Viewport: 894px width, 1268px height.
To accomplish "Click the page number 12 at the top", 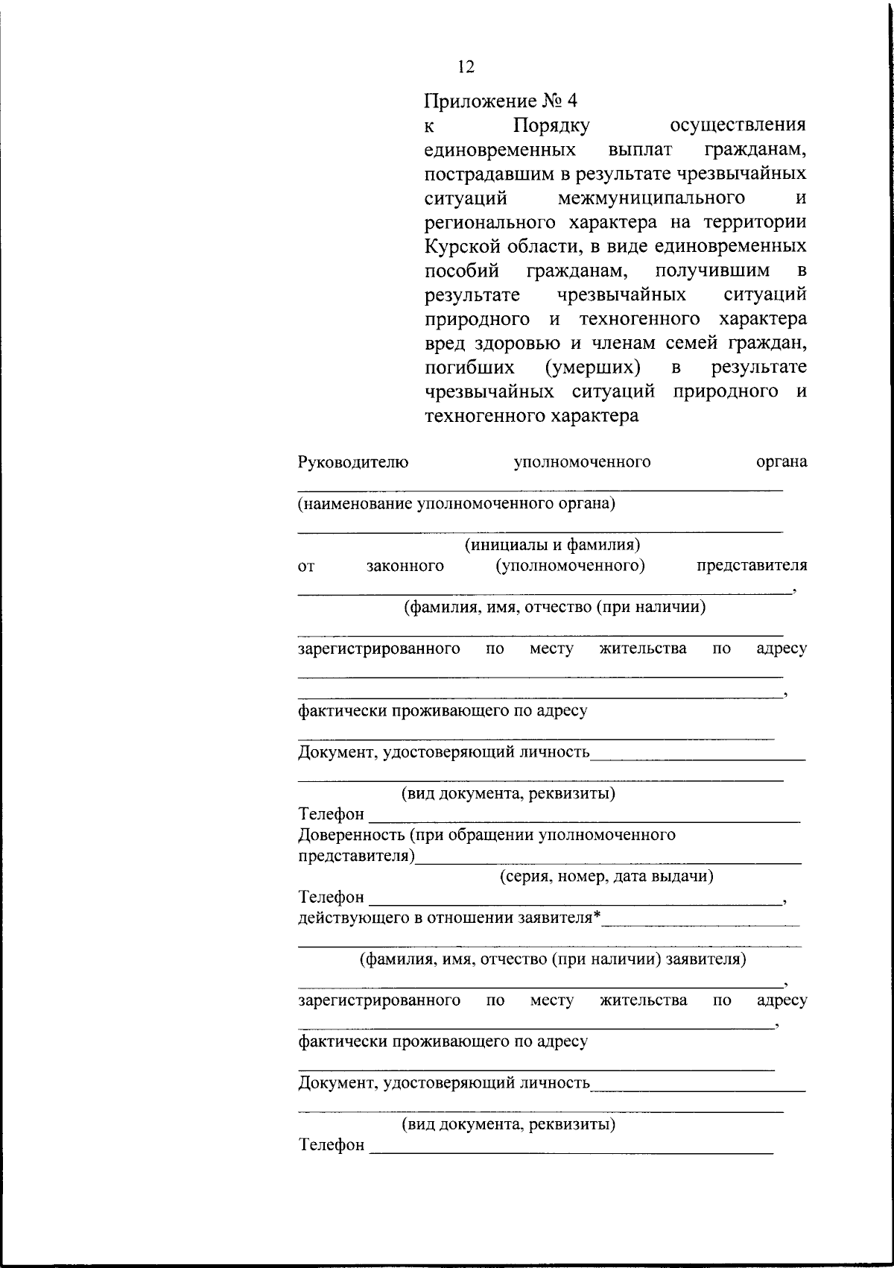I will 466,66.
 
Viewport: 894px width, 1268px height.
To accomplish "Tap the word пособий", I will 461,270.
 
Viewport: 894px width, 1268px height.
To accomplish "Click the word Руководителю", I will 353,462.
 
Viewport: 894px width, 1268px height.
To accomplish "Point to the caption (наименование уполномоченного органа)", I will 457,504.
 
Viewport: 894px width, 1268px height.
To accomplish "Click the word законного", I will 405,566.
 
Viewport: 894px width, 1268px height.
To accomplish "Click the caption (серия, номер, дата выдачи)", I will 606,876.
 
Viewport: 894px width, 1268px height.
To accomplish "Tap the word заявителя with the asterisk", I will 559,917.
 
